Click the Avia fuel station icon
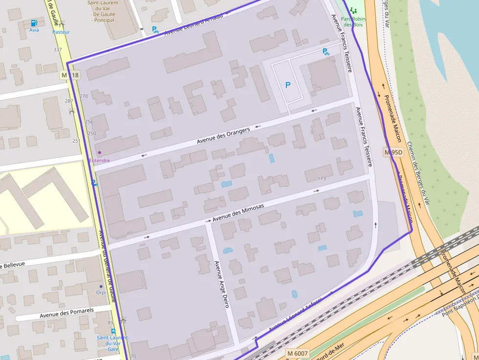(x=34, y=23)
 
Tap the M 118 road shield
(x=70, y=75)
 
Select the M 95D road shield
(x=393, y=152)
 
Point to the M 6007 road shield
(x=298, y=353)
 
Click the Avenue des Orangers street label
(x=223, y=136)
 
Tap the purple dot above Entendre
(x=99, y=152)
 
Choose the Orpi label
(x=101, y=293)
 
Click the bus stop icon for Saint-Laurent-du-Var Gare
(x=113, y=331)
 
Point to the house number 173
(x=322, y=178)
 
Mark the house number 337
(x=58, y=50)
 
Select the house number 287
(x=69, y=101)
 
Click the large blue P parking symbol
(x=288, y=85)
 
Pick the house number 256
(x=89, y=122)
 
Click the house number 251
(x=76, y=141)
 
